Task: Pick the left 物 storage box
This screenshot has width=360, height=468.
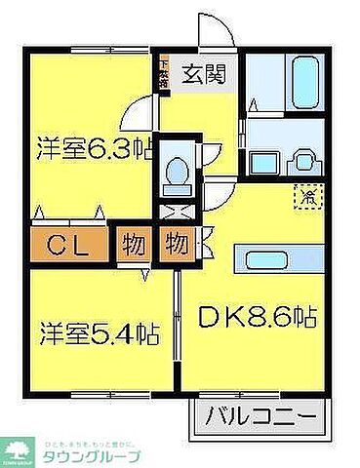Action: click(x=133, y=243)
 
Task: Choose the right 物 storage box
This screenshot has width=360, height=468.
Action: click(x=177, y=243)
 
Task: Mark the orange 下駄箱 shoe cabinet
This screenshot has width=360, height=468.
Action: click(x=165, y=73)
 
